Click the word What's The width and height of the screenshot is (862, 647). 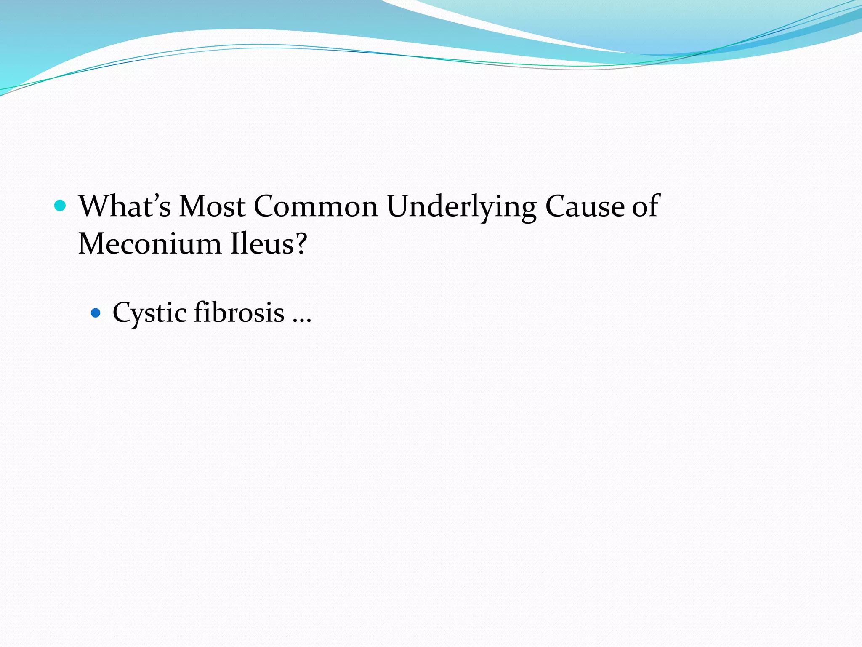tap(125, 206)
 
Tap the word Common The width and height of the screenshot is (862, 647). tap(316, 206)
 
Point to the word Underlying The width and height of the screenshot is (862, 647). tap(461, 206)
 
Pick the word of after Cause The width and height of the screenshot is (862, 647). tap(646, 206)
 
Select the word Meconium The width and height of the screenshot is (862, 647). tap(149, 243)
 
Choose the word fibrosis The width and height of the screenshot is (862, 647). tap(239, 312)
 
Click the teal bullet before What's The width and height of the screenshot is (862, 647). tap(61, 206)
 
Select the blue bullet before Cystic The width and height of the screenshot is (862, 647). tap(96, 313)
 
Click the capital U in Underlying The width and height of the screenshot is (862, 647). tap(399, 206)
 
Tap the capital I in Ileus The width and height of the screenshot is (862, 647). tap(234, 243)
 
